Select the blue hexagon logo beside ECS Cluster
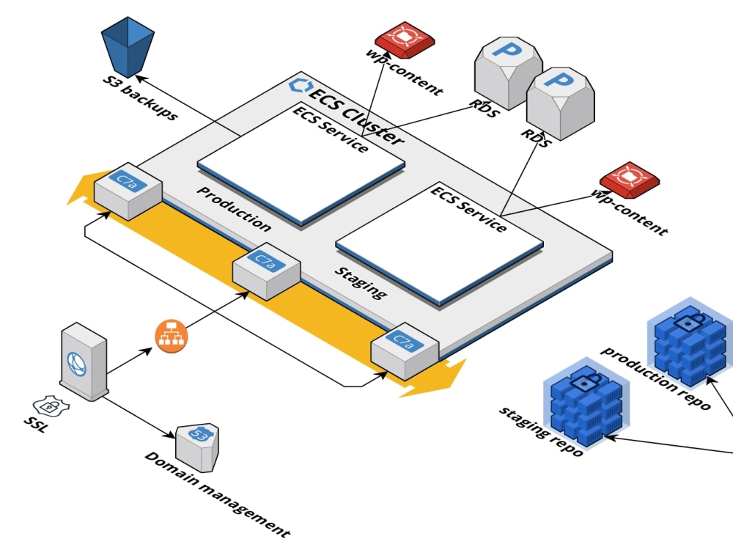[x=298, y=84]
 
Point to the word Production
[x=234, y=208]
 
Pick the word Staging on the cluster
[x=360, y=282]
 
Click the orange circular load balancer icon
[x=172, y=336]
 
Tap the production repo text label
[x=656, y=378]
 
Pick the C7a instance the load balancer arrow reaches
[x=266, y=272]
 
